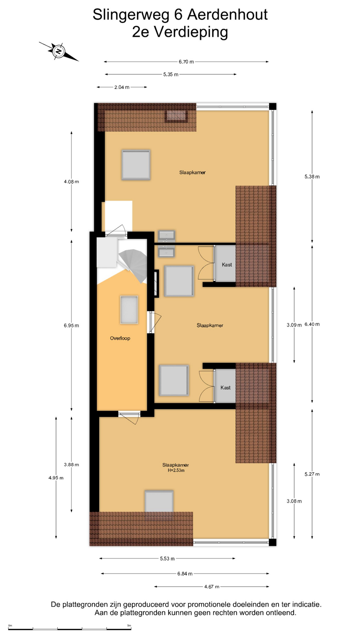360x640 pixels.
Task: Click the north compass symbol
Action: point(59,51)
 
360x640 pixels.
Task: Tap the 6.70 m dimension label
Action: point(186,62)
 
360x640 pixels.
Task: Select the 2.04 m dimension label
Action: point(122,87)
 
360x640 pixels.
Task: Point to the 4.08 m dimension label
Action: point(71,182)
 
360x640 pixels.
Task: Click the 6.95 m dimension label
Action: point(71,325)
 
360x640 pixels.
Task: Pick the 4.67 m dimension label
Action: point(212,587)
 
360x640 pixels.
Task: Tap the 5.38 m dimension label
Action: point(312,177)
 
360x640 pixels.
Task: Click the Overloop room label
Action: point(120,338)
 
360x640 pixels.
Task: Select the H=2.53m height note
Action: point(176,470)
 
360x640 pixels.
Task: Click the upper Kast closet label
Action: point(227,265)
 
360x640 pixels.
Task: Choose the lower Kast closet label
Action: point(226,388)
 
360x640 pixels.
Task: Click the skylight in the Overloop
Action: point(129,310)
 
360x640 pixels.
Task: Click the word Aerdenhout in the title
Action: point(227,15)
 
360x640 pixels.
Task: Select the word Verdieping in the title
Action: point(191,32)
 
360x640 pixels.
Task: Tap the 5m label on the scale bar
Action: point(129,625)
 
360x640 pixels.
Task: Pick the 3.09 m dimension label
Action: point(294,325)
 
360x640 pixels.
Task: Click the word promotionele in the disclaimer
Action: point(209,604)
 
